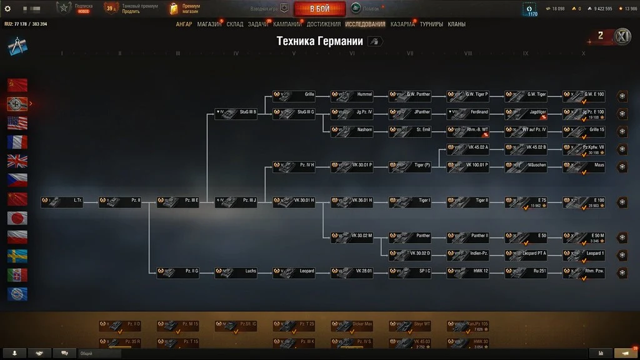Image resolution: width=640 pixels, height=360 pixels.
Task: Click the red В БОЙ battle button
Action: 319,9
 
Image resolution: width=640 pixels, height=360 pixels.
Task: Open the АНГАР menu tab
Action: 184,24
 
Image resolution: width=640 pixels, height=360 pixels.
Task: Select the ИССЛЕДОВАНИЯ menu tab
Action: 365,24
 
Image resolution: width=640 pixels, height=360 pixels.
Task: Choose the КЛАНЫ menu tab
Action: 456,24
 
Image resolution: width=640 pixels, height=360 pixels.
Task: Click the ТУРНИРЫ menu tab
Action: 431,24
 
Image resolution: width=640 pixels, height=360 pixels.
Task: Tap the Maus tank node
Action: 584,167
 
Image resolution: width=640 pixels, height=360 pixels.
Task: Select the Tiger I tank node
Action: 409,202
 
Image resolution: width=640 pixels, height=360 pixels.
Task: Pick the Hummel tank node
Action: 352,96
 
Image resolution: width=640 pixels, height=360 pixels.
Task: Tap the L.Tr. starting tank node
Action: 62,202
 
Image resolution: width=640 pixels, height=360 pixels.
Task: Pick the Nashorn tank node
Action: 352,132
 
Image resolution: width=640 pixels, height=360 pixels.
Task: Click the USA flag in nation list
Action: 17,122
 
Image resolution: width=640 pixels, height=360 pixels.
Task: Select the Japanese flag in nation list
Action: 17,218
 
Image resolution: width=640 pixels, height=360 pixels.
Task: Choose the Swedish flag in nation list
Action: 17,256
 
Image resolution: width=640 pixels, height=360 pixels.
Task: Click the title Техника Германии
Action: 319,41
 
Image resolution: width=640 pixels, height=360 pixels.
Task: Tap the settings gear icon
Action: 7,9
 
